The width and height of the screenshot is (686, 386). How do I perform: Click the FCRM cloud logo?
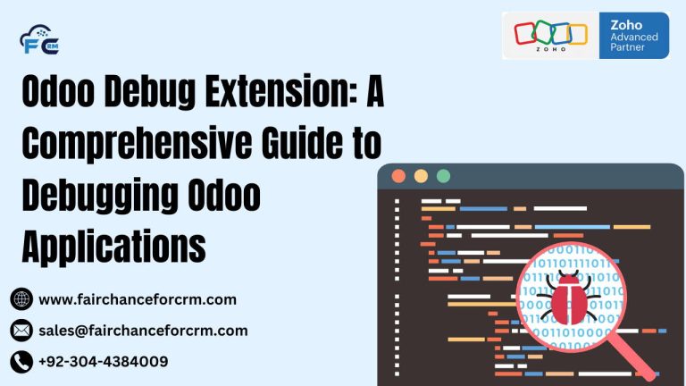38,40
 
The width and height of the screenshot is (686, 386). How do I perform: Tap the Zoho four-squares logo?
550,33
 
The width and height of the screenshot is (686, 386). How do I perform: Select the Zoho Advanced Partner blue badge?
633,36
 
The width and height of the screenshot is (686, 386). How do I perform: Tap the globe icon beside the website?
21,299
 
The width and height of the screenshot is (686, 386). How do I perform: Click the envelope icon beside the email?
21,331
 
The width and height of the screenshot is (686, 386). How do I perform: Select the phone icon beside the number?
21,362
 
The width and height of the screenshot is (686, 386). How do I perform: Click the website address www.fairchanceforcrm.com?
138,299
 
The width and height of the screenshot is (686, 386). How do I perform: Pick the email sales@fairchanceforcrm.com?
143,331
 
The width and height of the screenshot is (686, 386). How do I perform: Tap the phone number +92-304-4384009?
104,362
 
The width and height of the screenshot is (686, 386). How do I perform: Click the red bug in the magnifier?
568,298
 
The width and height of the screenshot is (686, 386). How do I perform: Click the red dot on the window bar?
398,176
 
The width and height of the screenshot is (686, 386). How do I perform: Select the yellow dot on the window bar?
421,176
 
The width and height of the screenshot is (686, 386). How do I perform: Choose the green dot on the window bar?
443,176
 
